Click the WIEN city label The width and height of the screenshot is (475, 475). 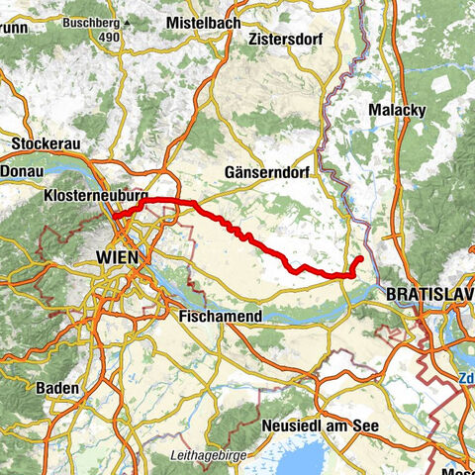[119, 257]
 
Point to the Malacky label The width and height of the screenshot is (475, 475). [393, 109]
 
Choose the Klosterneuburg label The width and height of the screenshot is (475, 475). [96, 198]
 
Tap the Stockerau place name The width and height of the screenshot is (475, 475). [45, 143]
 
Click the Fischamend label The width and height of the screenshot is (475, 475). [219, 318]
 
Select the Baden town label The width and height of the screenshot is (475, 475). [57, 389]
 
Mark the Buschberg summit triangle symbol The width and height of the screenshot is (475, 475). [126, 22]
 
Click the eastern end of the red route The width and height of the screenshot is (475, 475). [359, 259]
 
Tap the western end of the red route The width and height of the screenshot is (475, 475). [114, 215]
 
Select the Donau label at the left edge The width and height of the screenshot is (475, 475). [17, 171]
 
